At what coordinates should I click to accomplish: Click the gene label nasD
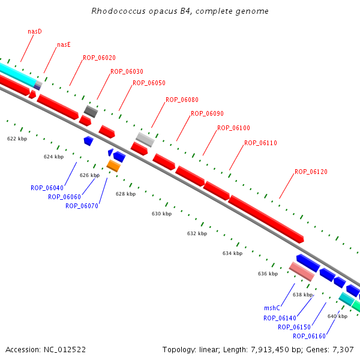point(35,31)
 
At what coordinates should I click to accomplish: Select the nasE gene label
point(63,44)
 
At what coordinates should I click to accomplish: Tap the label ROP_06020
point(99,58)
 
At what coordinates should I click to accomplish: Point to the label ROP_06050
point(149,83)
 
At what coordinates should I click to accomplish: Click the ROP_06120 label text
point(311,172)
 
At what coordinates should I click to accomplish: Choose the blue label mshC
point(272,308)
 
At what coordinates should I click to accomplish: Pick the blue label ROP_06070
point(82,206)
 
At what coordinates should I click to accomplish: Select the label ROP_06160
point(309,336)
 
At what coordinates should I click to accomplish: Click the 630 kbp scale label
point(161,214)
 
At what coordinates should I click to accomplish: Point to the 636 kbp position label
point(268,274)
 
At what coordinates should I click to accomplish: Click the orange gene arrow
point(113,166)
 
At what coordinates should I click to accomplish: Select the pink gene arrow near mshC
point(301,272)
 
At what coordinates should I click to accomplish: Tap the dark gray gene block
point(91,111)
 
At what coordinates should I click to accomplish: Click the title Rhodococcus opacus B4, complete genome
point(180,11)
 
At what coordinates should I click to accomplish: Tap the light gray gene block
point(145,140)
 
